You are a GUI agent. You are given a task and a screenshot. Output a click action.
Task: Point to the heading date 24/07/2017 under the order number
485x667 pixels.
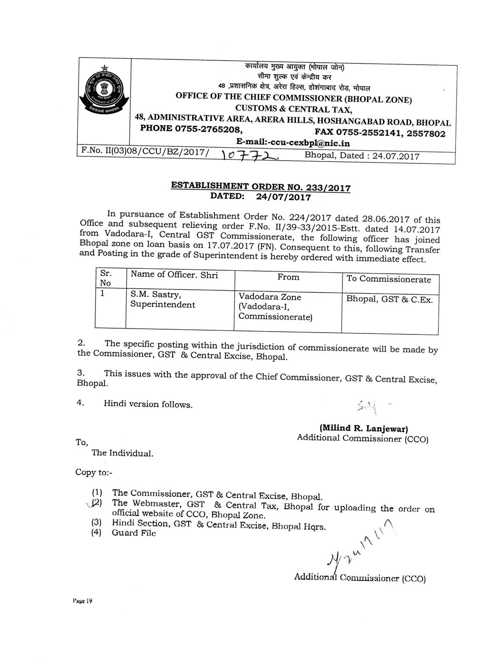[x=284, y=197]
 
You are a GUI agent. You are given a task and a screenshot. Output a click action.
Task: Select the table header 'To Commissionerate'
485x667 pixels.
[x=388, y=279]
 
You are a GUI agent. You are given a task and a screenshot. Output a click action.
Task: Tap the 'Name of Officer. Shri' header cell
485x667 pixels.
[x=174, y=275]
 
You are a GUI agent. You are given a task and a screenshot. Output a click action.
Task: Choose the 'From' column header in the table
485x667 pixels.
[x=288, y=277]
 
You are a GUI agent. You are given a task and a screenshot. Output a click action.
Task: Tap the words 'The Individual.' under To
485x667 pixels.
[x=123, y=453]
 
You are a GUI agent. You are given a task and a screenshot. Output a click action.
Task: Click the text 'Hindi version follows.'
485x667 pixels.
[x=148, y=405]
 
